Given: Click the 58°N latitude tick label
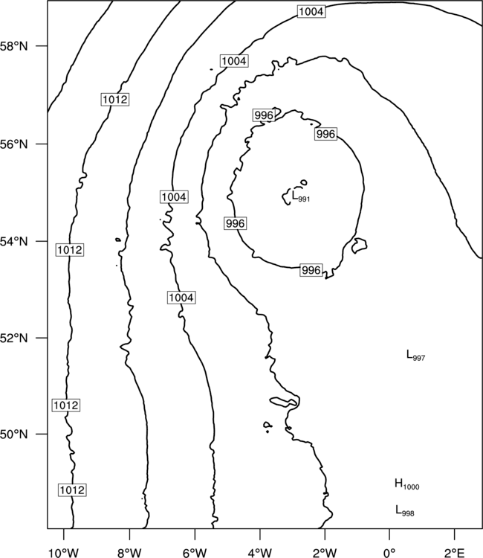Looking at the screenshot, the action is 13,46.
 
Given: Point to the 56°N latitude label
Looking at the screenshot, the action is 13,144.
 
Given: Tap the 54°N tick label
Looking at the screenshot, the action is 13,242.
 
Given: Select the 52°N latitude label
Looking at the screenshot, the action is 13,338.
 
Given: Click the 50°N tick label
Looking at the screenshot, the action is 13,434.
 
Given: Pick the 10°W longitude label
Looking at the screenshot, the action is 64,553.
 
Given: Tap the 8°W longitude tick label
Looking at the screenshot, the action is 129,553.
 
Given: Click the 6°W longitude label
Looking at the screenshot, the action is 195,553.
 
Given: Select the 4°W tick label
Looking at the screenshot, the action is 260,553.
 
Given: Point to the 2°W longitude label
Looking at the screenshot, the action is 325,553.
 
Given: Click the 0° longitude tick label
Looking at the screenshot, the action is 389,553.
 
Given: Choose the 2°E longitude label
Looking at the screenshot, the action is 455,553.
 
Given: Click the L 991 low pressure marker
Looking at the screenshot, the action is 301,196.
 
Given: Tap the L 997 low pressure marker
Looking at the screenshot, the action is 415,355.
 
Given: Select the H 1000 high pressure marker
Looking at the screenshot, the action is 407,484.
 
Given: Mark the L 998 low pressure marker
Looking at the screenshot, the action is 405,510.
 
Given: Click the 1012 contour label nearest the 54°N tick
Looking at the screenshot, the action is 70,250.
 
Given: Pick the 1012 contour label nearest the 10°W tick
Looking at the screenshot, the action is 72,490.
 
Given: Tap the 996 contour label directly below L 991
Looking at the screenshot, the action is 311,270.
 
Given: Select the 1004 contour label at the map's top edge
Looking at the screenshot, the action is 311,12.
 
